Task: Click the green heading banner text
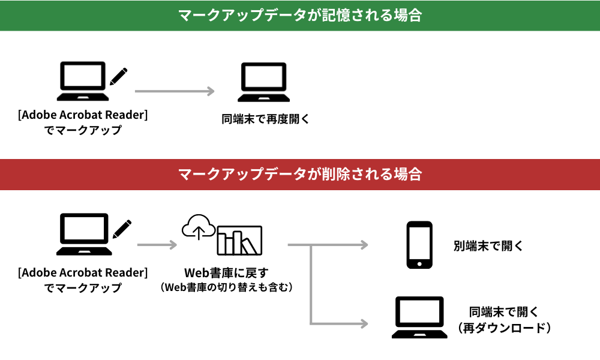pos(300,16)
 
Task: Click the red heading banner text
pos(300,175)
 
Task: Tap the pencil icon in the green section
pos(118,77)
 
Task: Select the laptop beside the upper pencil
pos(83,82)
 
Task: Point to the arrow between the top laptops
pos(174,91)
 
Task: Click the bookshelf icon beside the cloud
pos(239,239)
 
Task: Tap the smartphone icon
pos(419,245)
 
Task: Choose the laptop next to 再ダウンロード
pos(419,317)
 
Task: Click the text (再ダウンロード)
pos(503,328)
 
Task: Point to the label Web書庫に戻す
pos(226,274)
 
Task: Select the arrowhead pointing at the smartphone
pos(363,245)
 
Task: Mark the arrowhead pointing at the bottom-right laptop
pos(363,323)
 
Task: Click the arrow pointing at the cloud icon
pos(157,245)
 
